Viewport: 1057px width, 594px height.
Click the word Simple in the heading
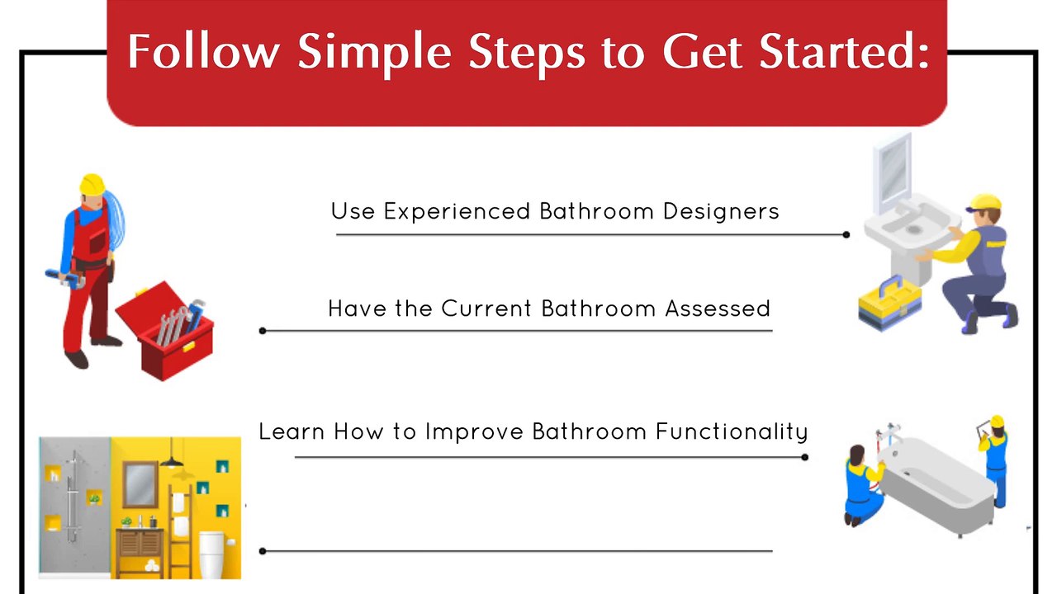374,51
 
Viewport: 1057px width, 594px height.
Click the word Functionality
731,431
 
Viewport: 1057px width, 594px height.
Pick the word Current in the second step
486,309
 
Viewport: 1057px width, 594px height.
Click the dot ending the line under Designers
846,234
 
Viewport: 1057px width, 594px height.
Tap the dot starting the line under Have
263,331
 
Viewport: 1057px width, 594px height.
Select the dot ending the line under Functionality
804,457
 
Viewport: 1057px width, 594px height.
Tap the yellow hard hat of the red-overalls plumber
92,184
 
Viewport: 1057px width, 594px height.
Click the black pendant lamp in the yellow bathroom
173,458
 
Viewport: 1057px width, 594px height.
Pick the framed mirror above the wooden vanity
140,484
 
